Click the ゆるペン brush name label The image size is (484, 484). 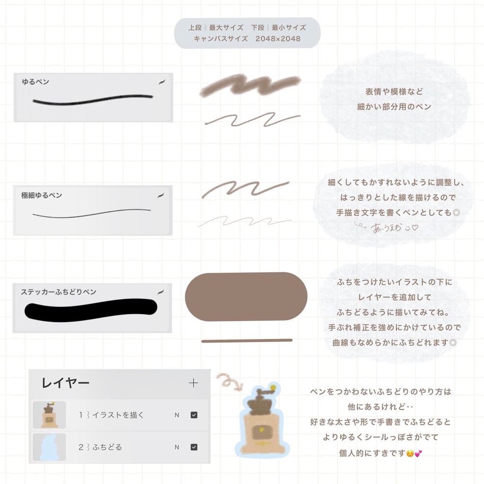(35, 82)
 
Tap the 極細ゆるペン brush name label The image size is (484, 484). (42, 195)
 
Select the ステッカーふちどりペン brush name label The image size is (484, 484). (59, 292)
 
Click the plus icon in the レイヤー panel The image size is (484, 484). (193, 383)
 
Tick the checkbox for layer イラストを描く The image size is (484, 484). (194, 415)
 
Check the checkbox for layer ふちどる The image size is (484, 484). (194, 447)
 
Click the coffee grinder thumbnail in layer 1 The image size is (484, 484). (49, 415)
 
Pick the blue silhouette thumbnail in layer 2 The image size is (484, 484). (49, 447)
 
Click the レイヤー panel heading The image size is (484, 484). (65, 383)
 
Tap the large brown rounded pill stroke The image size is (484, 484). (246, 297)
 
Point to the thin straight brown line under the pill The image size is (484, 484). (247, 340)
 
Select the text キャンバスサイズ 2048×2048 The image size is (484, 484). (247, 39)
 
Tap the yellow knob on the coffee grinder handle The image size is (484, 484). (273, 388)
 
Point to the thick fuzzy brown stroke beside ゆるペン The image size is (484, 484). (251, 86)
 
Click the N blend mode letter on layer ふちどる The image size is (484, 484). (177, 447)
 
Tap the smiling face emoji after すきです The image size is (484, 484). (410, 453)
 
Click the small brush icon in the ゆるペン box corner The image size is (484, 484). (162, 82)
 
